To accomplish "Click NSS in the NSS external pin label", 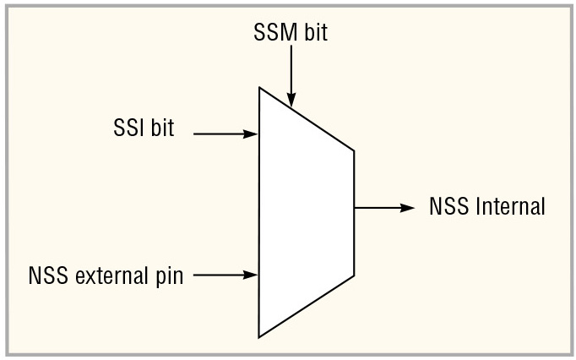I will click(x=46, y=275).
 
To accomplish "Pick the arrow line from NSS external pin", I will click(x=218, y=275).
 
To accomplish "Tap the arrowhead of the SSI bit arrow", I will click(x=252, y=134).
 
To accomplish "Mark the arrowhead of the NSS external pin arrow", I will click(x=252, y=275).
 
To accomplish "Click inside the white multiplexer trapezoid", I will click(x=304, y=211).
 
